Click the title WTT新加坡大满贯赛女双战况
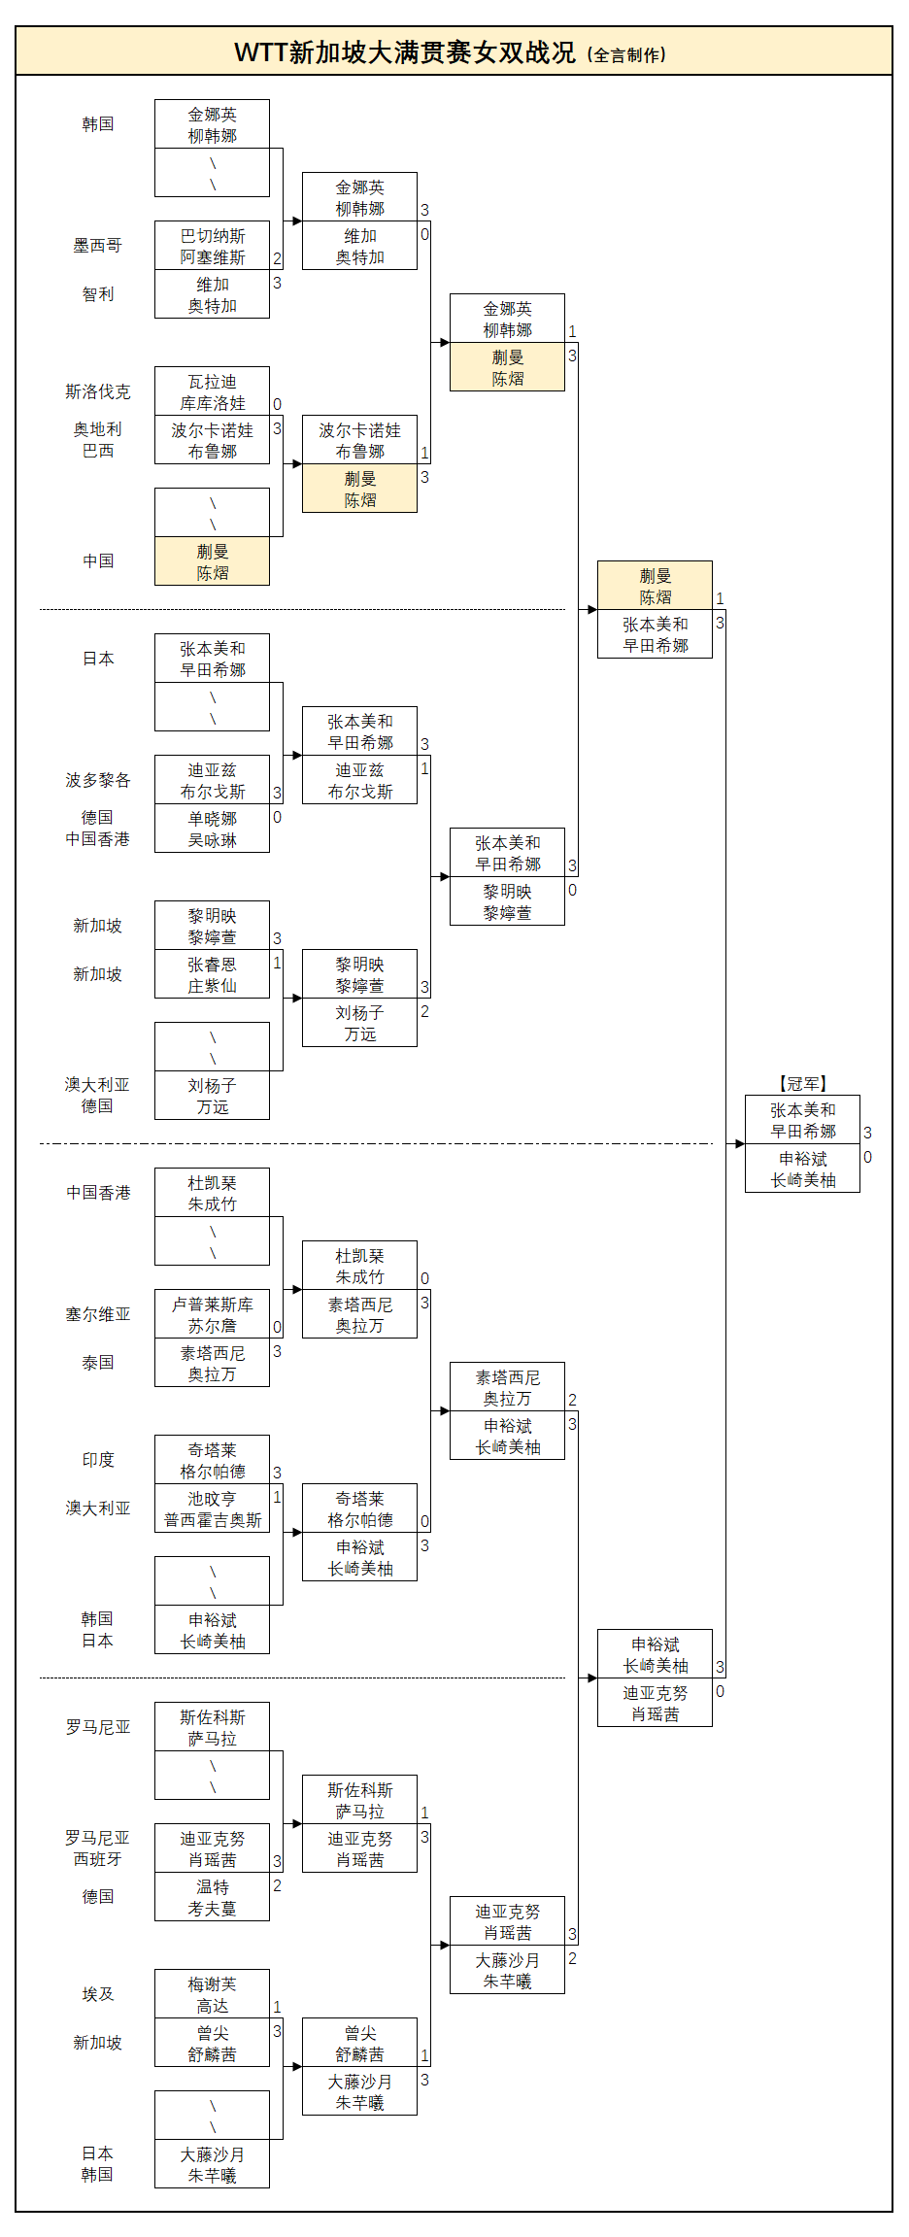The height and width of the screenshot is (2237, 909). [x=405, y=52]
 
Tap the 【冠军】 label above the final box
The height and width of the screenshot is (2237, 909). [x=802, y=1083]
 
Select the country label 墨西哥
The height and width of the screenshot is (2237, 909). [x=97, y=246]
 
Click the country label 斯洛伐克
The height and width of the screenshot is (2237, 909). [x=97, y=391]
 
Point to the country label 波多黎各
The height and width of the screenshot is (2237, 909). [x=97, y=780]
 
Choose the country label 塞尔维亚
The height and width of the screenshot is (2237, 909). [x=97, y=1314]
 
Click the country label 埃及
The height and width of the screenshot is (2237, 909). [x=97, y=1994]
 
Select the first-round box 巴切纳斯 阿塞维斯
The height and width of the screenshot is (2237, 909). [x=212, y=246]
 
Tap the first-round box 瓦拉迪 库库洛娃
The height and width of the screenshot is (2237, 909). [x=212, y=391]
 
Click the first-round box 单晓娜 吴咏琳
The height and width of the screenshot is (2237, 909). [x=212, y=829]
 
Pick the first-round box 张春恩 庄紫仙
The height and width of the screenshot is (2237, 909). [x=212, y=974]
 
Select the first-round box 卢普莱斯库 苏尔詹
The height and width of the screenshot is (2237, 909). [x=212, y=1314]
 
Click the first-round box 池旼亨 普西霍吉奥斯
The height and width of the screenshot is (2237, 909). [x=212, y=1508]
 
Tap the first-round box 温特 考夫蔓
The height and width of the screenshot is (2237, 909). [x=212, y=1897]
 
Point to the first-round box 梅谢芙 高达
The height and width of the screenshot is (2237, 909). [x=212, y=1994]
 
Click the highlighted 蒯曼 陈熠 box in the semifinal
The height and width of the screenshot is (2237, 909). [x=655, y=586]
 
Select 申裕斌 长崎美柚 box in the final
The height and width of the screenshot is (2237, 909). [x=802, y=1169]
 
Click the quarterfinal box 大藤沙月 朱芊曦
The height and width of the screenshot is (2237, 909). [x=507, y=1970]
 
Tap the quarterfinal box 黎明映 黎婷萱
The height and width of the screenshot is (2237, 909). [x=507, y=901]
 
